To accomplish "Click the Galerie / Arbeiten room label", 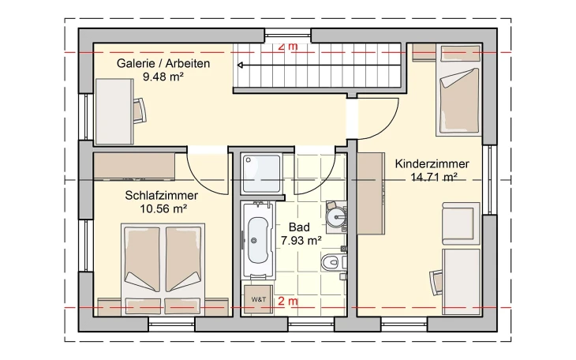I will pyautogui.click(x=163, y=64).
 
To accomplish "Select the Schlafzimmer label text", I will pyautogui.click(x=161, y=196).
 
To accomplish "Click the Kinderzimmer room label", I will pyautogui.click(x=432, y=164).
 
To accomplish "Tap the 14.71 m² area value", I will pyautogui.click(x=432, y=178).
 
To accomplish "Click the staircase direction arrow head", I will pyautogui.click(x=241, y=66).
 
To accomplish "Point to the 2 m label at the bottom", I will pyautogui.click(x=289, y=302).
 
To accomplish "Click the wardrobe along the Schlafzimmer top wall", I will pyautogui.click(x=134, y=167).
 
